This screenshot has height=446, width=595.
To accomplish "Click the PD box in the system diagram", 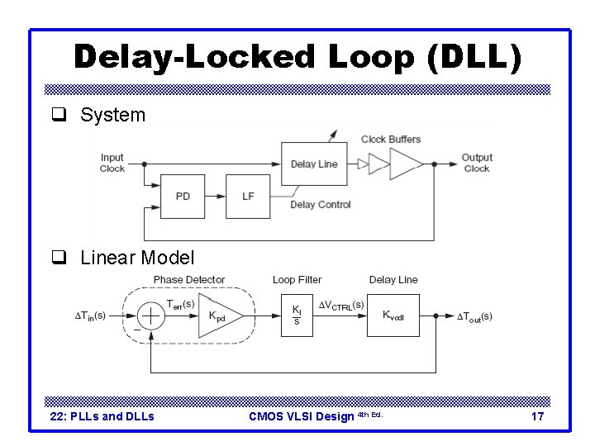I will pyautogui.click(x=183, y=196).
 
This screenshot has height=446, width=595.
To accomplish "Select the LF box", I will pyautogui.click(x=248, y=196).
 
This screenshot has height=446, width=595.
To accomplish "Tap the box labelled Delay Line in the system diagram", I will pyautogui.click(x=314, y=164).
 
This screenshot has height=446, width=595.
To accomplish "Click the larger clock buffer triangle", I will pyautogui.click(x=406, y=164).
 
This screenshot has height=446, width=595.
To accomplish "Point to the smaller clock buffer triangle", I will pyautogui.click(x=378, y=164).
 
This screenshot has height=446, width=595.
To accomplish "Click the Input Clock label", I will pyautogui.click(x=112, y=163).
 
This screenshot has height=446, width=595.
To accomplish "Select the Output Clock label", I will pyautogui.click(x=477, y=163).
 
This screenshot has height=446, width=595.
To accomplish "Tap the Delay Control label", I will pyautogui.click(x=321, y=205).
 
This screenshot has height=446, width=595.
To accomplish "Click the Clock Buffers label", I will pyautogui.click(x=391, y=139).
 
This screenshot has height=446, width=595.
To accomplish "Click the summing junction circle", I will pyautogui.click(x=151, y=316).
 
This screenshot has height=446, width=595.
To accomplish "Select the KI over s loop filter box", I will pyautogui.click(x=297, y=316).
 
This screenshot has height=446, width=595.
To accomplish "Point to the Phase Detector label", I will pyautogui.click(x=188, y=280).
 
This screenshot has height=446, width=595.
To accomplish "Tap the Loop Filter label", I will pyautogui.click(x=297, y=280).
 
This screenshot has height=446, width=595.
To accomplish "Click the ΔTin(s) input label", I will pyautogui.click(x=90, y=316).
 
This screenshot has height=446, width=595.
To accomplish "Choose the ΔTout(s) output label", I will pyautogui.click(x=475, y=316).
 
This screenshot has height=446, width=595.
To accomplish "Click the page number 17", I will pyautogui.click(x=537, y=416).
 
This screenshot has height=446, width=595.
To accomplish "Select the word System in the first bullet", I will pyautogui.click(x=112, y=115).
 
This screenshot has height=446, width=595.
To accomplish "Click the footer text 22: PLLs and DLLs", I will pyautogui.click(x=102, y=416).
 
